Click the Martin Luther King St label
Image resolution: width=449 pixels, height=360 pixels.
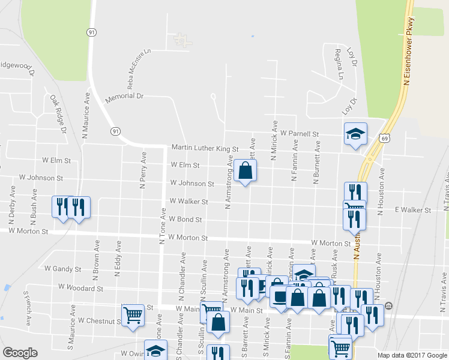pos(205,148)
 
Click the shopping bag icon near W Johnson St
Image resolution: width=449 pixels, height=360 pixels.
pos(245,170)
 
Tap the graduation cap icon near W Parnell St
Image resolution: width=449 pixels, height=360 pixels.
pos(355,133)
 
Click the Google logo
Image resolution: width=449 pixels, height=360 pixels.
pos(20,353)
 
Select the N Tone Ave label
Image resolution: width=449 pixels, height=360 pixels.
pos(162,226)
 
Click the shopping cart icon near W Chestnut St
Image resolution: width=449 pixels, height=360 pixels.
pos(132,313)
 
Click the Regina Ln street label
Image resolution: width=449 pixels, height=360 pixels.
pos(339,64)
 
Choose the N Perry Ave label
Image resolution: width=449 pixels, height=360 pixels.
pos(143,170)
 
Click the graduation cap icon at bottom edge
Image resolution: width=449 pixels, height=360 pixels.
pos(155,350)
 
